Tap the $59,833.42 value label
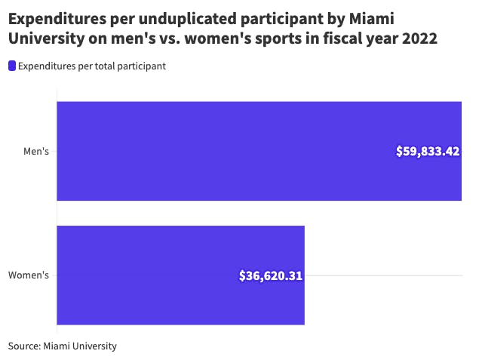(428, 151)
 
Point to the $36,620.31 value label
(271, 275)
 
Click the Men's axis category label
(36, 152)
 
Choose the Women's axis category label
(29, 275)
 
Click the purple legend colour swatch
(12, 66)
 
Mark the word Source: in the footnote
(24, 346)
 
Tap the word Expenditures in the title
(57, 17)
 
